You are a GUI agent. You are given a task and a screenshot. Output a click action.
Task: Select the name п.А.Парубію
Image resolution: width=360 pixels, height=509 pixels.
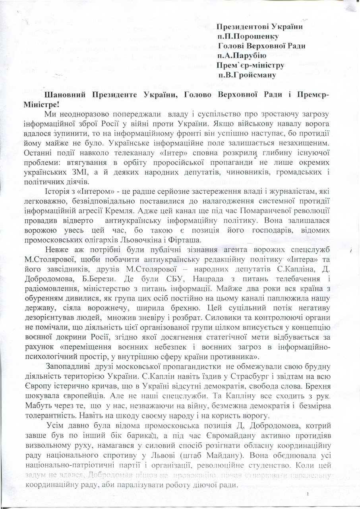(x=242, y=55)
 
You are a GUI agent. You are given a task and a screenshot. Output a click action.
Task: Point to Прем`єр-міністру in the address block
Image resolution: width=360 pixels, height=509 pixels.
(x=251, y=65)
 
